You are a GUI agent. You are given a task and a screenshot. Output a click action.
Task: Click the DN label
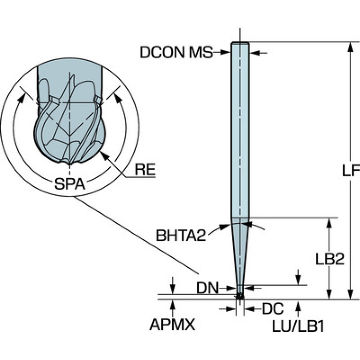[x=207, y=287]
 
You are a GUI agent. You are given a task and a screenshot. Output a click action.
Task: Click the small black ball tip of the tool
[x=240, y=296]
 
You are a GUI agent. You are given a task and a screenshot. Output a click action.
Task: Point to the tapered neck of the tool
[x=240, y=253]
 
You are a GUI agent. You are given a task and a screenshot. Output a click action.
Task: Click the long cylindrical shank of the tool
[x=240, y=131]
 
